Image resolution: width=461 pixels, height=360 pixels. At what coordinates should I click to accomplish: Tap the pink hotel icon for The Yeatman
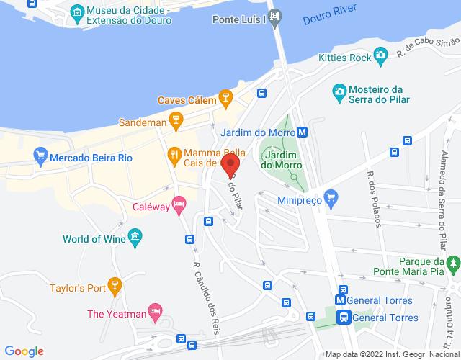(x=154, y=312)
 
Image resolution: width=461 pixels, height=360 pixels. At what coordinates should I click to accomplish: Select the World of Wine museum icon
(x=135, y=236)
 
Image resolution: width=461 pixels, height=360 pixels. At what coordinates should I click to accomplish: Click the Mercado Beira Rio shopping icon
(x=41, y=155)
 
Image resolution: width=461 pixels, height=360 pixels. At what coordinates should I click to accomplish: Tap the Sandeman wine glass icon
(x=175, y=122)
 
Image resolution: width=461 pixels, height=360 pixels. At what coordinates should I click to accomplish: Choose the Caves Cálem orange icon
(x=225, y=97)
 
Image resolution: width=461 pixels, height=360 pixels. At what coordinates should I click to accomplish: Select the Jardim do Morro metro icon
(x=303, y=132)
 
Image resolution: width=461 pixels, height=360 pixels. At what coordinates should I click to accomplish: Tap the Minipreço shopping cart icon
(x=331, y=196)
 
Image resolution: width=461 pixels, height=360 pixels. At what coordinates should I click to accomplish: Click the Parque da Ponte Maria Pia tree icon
(x=452, y=264)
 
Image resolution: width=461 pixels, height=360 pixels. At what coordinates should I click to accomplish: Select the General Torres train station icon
(x=344, y=316)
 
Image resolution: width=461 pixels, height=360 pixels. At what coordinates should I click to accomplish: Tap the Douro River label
(x=331, y=17)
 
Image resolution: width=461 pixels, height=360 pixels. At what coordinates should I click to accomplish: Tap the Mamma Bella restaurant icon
(x=174, y=154)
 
